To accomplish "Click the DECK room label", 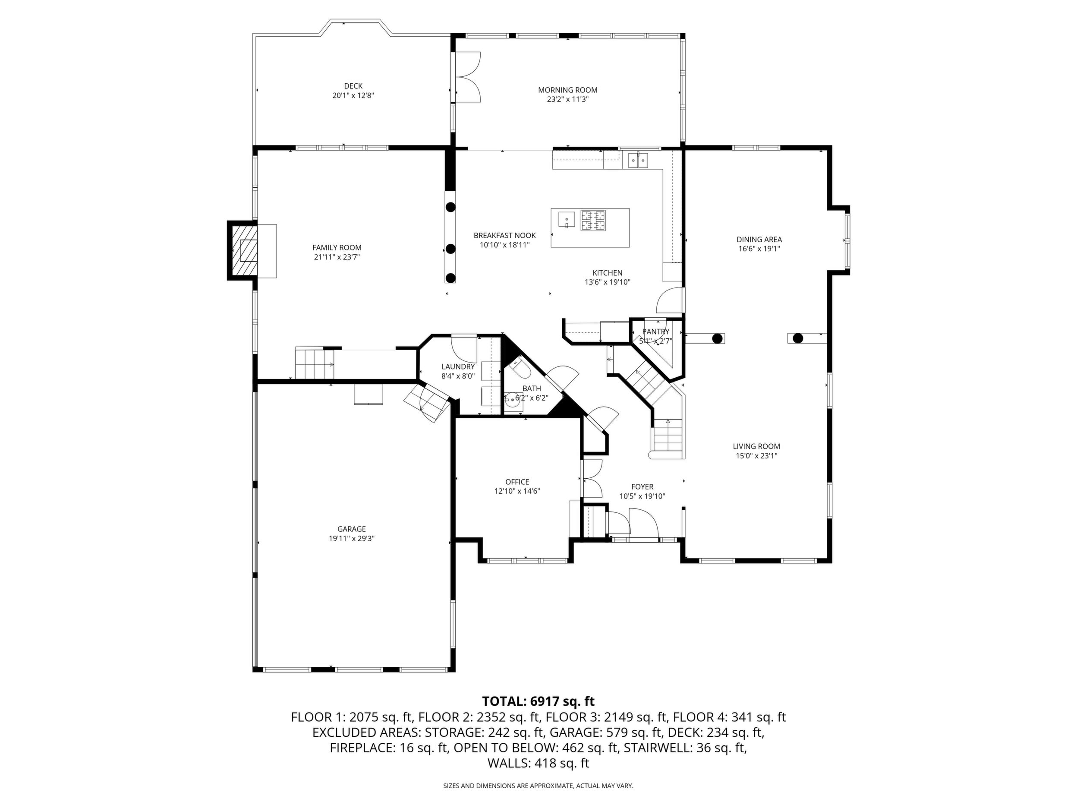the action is pyautogui.click(x=353, y=86).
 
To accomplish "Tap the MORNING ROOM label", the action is pyautogui.click(x=568, y=90).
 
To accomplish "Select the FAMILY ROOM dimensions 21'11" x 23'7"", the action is pyautogui.click(x=337, y=257).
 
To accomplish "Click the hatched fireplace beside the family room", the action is pyautogui.click(x=242, y=251).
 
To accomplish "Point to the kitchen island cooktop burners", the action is pyautogui.click(x=593, y=219).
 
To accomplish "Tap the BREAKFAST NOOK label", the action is pyautogui.click(x=505, y=236).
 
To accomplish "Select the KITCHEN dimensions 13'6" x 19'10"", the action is pyautogui.click(x=608, y=282).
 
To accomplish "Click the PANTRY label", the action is pyautogui.click(x=656, y=331).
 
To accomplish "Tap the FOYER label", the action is pyautogui.click(x=642, y=486).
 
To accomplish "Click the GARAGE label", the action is pyautogui.click(x=352, y=529).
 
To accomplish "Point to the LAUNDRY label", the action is pyautogui.click(x=458, y=367).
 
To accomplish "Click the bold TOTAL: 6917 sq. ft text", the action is pyautogui.click(x=538, y=701).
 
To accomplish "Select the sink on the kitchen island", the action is pyautogui.click(x=567, y=219).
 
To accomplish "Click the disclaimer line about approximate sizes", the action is pyautogui.click(x=538, y=786).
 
